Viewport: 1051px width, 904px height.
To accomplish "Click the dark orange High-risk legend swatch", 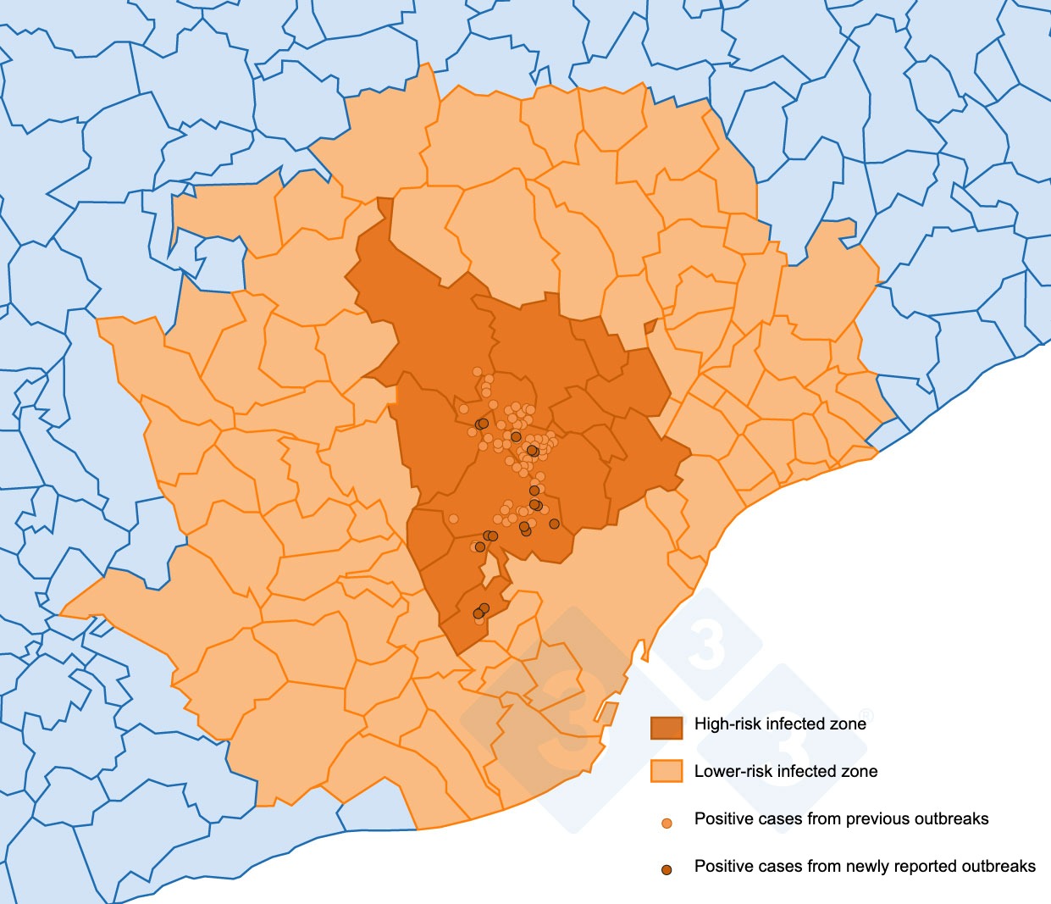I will (667, 726).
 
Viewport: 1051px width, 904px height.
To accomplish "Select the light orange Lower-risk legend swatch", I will (667, 771).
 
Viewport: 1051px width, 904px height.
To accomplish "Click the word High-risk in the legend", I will (727, 724).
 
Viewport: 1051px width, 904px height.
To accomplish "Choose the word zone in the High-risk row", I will (849, 724).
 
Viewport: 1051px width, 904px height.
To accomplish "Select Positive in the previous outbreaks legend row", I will (720, 819).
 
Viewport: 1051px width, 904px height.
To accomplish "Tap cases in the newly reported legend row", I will (772, 867).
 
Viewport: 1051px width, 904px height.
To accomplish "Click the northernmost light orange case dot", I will (478, 371).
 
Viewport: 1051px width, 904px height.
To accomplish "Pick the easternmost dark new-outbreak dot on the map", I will (554, 524).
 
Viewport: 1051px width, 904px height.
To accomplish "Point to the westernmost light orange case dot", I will (453, 519).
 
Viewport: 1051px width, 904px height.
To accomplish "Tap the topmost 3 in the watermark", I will (706, 644).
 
